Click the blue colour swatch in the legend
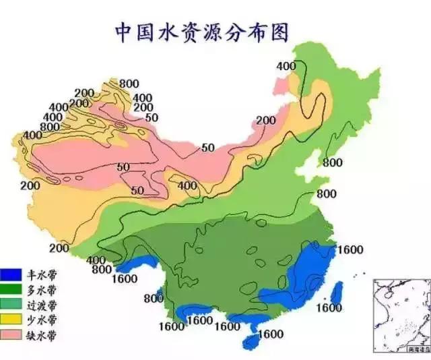point(11,274)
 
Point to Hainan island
point(253,340)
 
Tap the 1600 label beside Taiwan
point(329,308)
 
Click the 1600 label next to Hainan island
point(270,334)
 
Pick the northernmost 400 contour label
point(286,65)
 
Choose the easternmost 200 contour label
point(266,121)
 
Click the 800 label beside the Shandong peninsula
point(332,162)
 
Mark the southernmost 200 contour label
point(59,249)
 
